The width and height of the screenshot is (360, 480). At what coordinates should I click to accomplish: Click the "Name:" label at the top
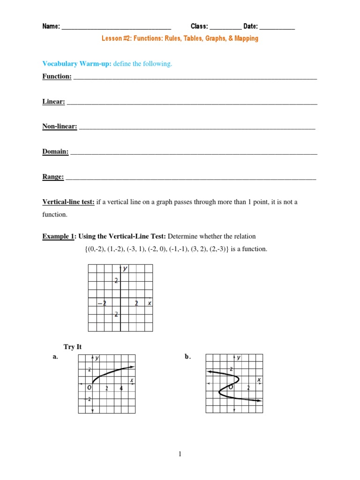point(51,26)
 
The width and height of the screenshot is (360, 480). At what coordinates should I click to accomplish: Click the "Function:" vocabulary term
point(57,76)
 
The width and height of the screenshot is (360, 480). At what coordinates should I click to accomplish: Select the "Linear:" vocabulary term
point(53,101)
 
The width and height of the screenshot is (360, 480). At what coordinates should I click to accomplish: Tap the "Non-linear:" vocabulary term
point(60,127)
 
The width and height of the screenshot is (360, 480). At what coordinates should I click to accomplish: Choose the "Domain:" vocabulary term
point(55,152)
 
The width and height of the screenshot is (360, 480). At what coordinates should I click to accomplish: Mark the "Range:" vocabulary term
point(53,177)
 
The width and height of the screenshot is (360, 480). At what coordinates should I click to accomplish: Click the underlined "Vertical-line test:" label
point(68,202)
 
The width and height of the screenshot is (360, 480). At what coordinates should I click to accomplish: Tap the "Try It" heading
point(73,347)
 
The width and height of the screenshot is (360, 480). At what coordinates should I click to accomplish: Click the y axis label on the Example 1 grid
point(125,269)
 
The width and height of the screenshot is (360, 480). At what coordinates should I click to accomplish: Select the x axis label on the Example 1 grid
point(150,303)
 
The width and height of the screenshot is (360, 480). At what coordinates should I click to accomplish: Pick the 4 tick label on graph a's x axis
point(121,388)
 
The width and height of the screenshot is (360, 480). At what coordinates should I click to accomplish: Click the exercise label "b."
point(188,357)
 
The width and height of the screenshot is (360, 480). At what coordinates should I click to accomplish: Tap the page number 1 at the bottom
point(180,454)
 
